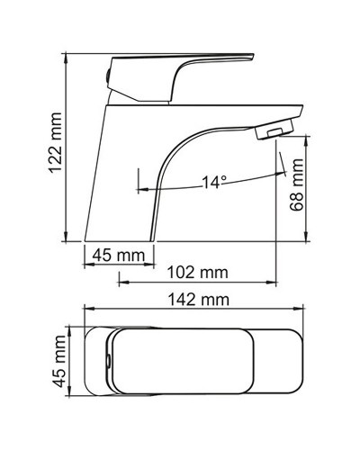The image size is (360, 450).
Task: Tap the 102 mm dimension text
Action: tap(197, 272)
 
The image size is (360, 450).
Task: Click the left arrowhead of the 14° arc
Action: tap(141, 189)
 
